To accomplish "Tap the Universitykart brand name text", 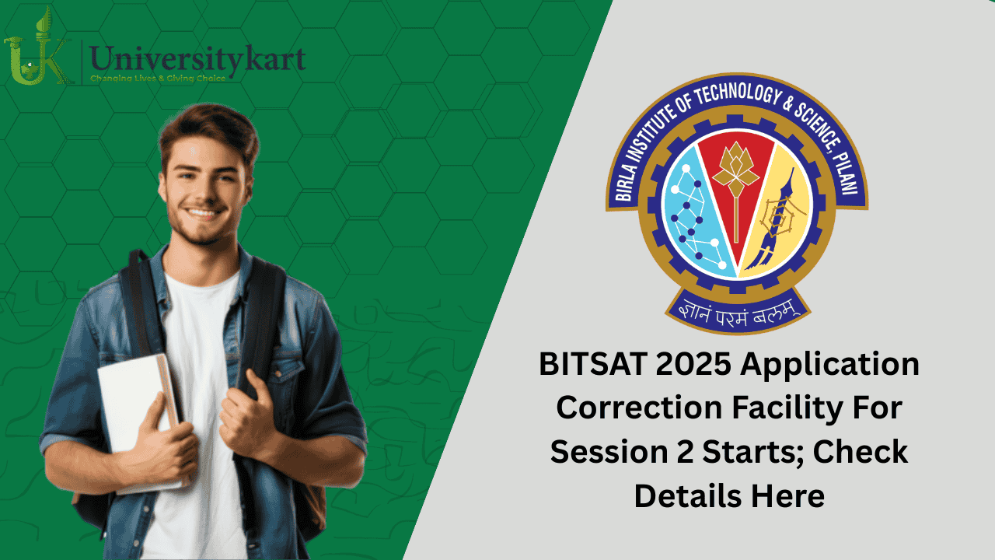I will click(x=197, y=58).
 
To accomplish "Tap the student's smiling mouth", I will click(x=204, y=212).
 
